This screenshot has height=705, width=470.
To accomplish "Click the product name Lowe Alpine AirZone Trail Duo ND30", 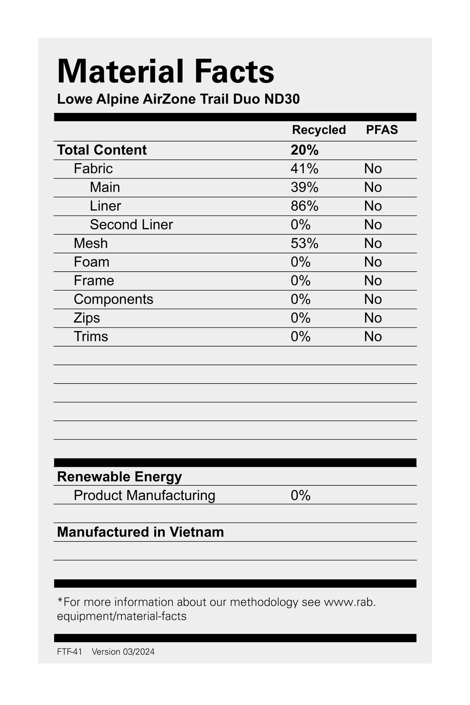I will (x=178, y=99).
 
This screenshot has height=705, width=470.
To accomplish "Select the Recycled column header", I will (x=319, y=130).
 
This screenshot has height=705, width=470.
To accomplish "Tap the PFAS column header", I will (x=382, y=130).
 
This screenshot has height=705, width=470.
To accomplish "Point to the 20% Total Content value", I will (x=305, y=150).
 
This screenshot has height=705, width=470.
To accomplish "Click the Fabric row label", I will (x=93, y=169).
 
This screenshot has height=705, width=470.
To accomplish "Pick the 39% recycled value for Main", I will (x=305, y=187).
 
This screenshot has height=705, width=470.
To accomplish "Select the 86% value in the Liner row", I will (x=305, y=206).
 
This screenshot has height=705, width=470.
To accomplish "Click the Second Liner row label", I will (x=131, y=224).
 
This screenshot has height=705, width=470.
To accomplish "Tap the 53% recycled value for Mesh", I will (x=305, y=243).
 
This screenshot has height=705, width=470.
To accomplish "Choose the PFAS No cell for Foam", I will (x=373, y=262).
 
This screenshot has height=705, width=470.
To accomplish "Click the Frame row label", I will (x=94, y=281).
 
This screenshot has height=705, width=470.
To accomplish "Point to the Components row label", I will (x=113, y=299).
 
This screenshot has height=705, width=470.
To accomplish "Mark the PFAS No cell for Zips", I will (x=373, y=318).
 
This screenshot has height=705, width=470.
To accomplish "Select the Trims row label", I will (x=91, y=336).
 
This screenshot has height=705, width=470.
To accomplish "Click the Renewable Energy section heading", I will (x=119, y=477).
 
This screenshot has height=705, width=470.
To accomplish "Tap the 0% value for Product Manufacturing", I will (x=300, y=495).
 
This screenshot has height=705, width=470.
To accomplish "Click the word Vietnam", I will (x=197, y=532).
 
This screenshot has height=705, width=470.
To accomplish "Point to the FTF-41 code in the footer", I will (x=70, y=652).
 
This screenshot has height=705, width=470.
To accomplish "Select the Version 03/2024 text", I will (x=123, y=652).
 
